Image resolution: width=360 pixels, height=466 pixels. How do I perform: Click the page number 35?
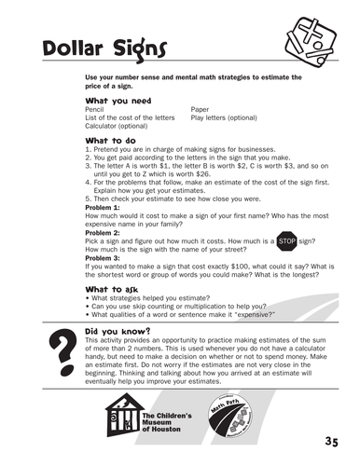tap(333, 441)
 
